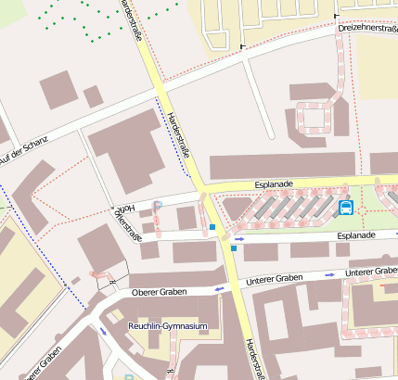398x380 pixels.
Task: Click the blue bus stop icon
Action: [346, 207]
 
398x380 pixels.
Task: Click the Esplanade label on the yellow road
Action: [274, 184]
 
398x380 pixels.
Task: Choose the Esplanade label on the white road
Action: [356, 236]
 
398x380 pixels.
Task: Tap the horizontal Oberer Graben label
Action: [160, 292]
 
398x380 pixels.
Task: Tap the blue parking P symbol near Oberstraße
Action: [158, 205]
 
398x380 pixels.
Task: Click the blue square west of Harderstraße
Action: [212, 227]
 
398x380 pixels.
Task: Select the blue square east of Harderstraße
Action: [234, 248]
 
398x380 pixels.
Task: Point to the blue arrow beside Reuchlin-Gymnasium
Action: [103, 331]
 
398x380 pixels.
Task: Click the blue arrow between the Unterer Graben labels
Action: [330, 275]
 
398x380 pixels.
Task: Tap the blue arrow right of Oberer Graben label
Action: [220, 289]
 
